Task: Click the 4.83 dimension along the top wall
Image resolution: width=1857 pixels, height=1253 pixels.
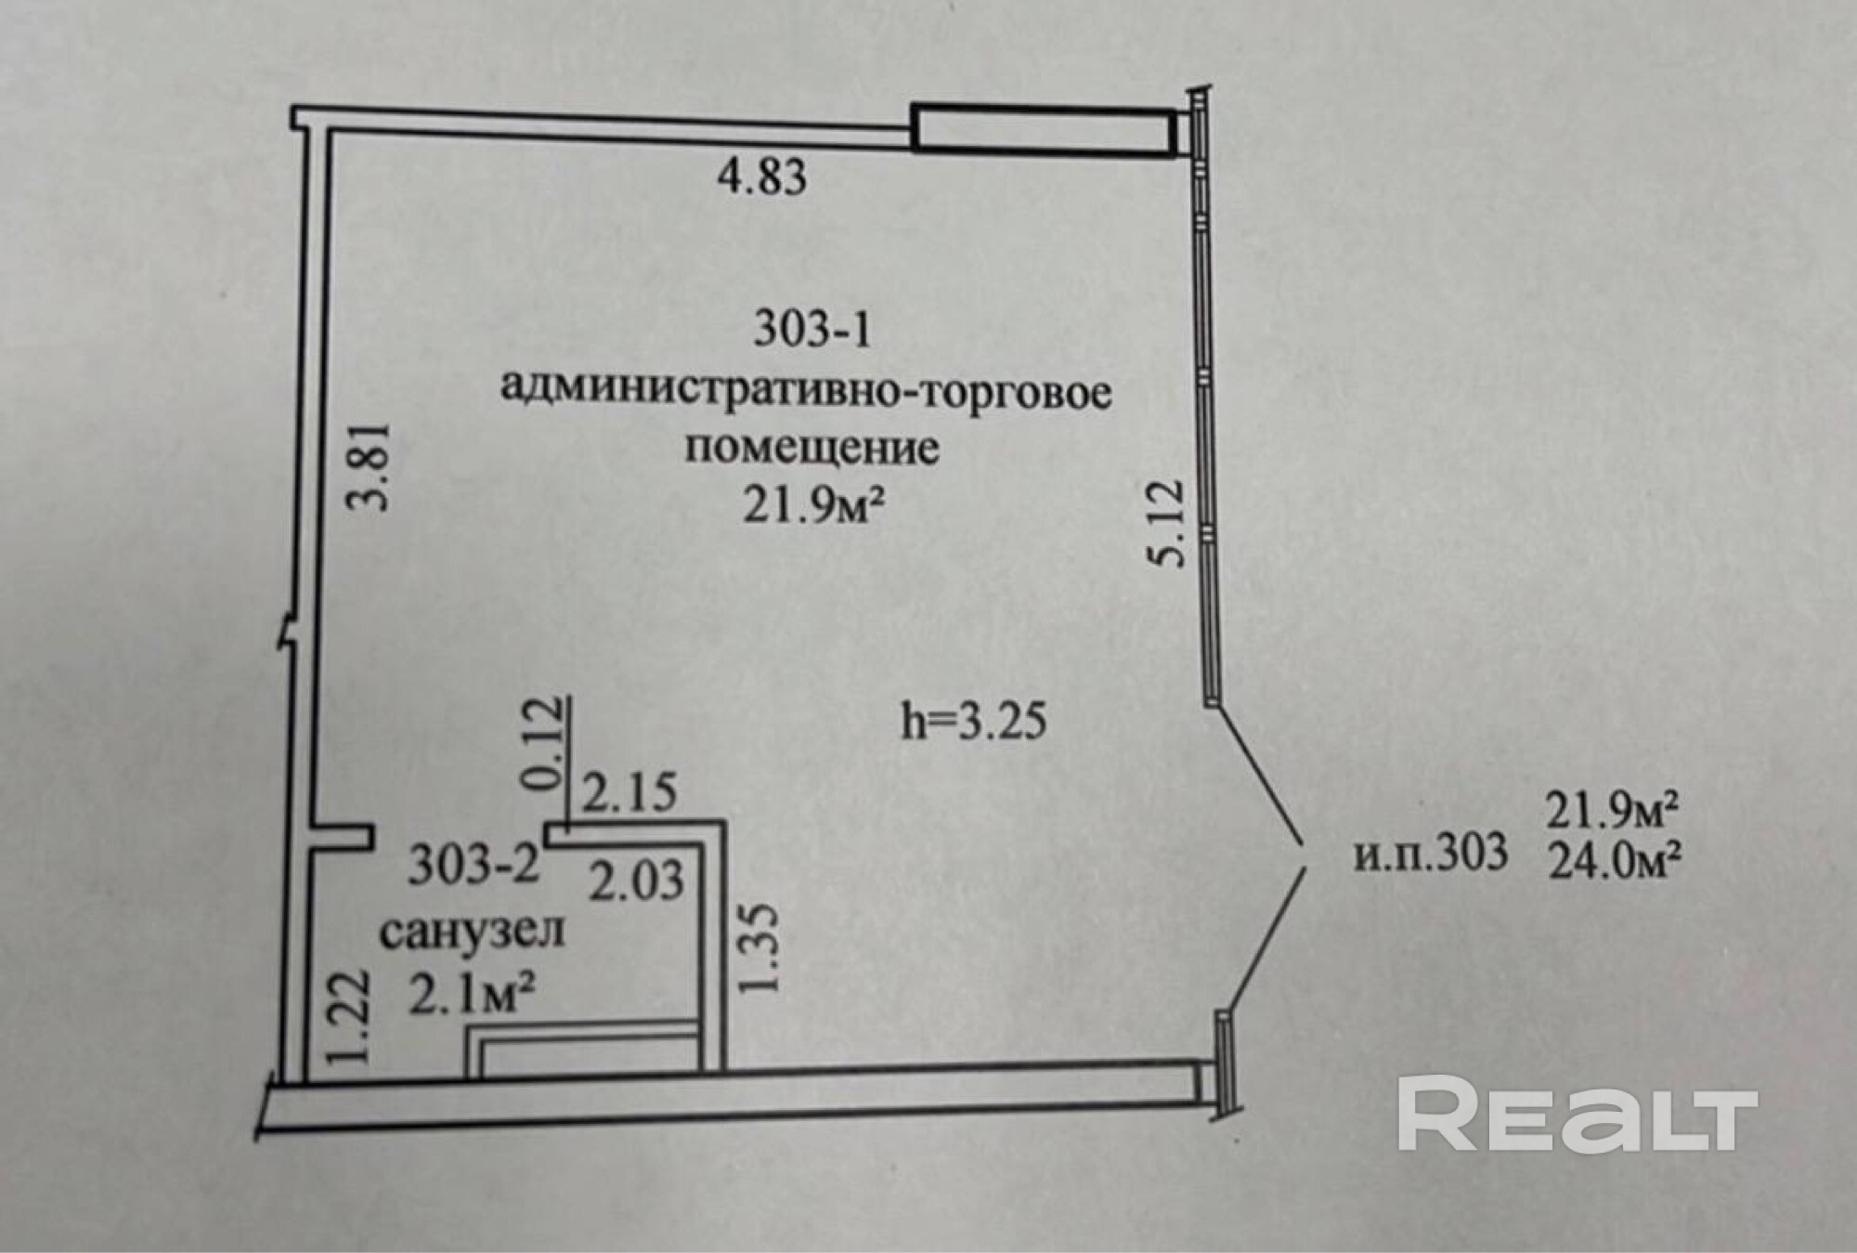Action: click(x=761, y=176)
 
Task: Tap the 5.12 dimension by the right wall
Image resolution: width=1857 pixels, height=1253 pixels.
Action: click(x=1166, y=522)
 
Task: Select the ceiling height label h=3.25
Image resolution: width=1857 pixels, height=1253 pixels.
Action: click(x=974, y=722)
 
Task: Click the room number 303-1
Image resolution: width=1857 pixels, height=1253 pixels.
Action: click(x=812, y=329)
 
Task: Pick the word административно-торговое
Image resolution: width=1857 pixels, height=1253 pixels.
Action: click(x=806, y=390)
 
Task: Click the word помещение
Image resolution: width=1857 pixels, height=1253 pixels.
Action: click(x=812, y=448)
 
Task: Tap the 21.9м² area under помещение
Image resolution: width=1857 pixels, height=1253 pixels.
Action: click(x=812, y=506)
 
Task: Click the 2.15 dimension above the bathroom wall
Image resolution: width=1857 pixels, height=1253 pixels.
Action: click(x=630, y=793)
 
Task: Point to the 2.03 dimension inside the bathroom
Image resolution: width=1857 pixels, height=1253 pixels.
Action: click(x=637, y=880)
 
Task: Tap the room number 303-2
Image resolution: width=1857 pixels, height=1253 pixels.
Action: click(x=474, y=866)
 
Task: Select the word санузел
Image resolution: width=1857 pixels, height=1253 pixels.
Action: click(x=472, y=931)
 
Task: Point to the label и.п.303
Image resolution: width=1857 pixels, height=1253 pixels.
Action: click(x=1430, y=853)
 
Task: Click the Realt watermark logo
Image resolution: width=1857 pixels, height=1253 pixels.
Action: click(x=1578, y=1114)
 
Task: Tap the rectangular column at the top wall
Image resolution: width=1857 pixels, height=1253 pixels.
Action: click(x=1040, y=128)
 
